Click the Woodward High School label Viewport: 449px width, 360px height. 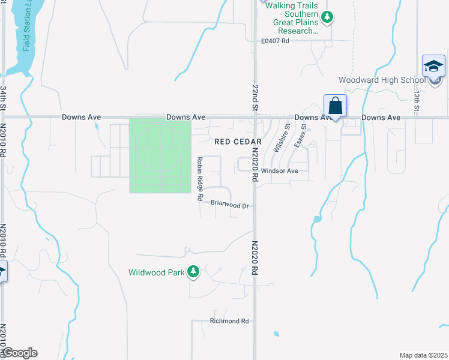(x=381, y=80)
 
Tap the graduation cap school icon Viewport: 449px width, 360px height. (x=433, y=66)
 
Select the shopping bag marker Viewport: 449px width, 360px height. (x=335, y=106)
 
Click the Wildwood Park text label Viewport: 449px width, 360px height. (x=156, y=272)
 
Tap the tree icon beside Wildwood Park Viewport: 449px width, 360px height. (x=193, y=272)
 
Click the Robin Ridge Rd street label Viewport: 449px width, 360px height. (x=200, y=179)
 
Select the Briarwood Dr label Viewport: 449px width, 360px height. (x=230, y=205)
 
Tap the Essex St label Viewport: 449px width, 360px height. (x=300, y=136)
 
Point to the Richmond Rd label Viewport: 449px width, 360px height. (x=229, y=321)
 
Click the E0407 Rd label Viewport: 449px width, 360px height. (x=276, y=41)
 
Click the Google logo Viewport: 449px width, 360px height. (x=20, y=353)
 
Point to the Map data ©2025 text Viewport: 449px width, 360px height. (x=423, y=355)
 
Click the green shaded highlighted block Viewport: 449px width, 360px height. (x=160, y=156)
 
